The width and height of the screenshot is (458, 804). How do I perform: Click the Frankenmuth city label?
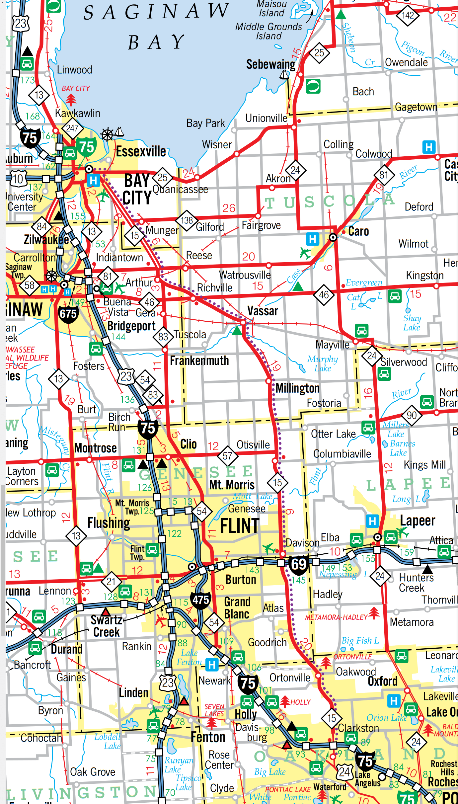point(199,361)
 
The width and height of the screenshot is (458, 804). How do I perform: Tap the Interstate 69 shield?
point(298,564)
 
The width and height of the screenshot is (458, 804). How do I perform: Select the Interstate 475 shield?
point(201,600)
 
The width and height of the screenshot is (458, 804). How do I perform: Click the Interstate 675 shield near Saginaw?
point(68,314)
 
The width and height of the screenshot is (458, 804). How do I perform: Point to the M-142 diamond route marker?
point(408,15)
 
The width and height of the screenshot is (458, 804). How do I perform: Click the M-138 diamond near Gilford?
point(187,220)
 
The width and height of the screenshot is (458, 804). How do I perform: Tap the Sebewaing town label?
point(270,64)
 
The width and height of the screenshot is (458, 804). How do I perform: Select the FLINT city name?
point(240,526)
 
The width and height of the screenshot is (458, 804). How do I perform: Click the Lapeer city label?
point(417,521)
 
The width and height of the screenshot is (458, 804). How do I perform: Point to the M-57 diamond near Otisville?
point(227,456)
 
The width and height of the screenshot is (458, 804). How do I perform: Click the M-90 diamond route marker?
point(412,415)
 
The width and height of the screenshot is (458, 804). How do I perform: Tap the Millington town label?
point(297,388)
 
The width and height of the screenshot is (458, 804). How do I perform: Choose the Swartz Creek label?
point(106,626)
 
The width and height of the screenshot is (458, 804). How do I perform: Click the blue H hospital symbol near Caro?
point(312,239)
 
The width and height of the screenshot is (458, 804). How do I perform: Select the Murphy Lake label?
point(323,363)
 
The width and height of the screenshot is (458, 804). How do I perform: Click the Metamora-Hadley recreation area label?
point(336,617)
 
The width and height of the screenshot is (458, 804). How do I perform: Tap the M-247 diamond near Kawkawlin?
point(72,128)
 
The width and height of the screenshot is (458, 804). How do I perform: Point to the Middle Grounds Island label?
point(268,31)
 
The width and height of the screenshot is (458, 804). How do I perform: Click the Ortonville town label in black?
point(290,678)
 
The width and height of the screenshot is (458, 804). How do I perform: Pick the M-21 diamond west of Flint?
point(111,582)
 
